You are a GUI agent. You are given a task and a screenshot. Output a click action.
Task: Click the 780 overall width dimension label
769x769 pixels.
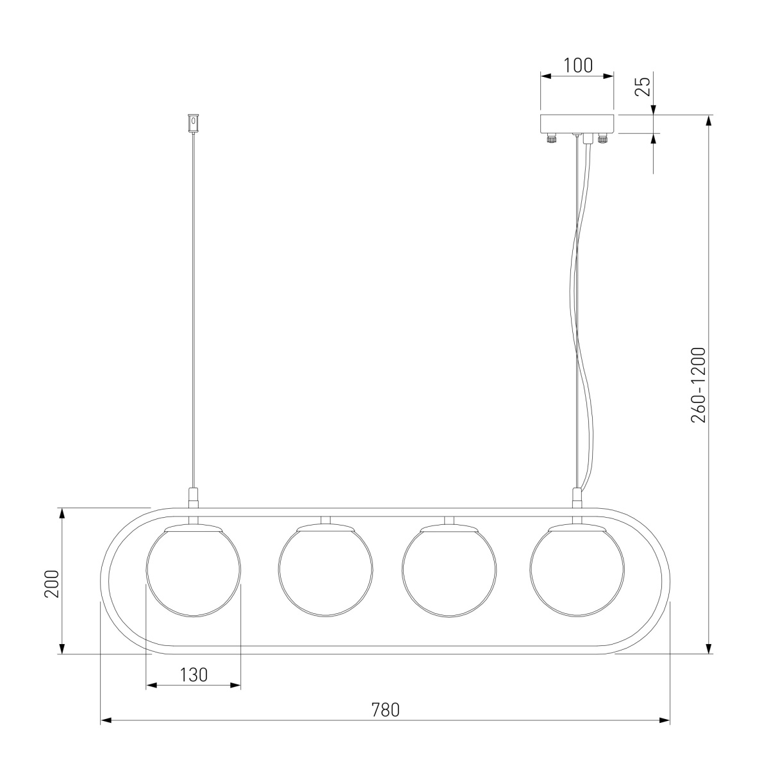click(385, 710)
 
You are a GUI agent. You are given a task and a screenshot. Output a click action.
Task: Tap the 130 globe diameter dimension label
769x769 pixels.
click(194, 675)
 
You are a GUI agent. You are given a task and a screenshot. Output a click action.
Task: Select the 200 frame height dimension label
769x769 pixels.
click(51, 584)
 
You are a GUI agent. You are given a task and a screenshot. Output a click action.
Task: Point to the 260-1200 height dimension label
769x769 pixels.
click(699, 384)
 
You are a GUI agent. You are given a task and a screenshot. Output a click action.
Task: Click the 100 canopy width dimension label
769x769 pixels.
click(578, 66)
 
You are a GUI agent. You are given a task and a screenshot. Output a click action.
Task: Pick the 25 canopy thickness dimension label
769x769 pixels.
click(643, 86)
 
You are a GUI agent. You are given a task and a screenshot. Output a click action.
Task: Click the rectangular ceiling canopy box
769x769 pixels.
click(577, 124)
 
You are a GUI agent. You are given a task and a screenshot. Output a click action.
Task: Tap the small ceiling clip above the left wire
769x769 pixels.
click(193, 124)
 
